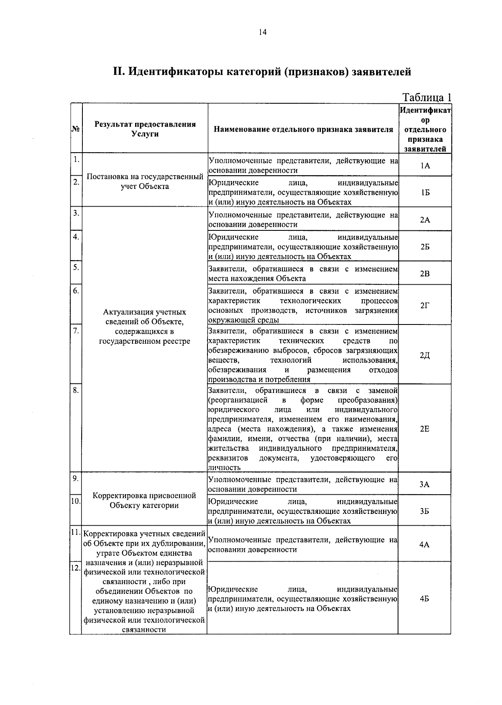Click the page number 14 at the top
point(263,32)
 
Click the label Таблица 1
point(427,97)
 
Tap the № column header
point(76,129)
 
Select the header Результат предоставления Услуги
point(145,129)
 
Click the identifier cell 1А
point(425,166)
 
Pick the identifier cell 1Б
point(425,192)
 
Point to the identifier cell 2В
point(425,274)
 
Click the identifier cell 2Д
point(425,355)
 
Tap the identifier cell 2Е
point(425,429)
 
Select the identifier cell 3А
point(425,485)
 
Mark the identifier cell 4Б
point(425,599)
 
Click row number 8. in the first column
point(76,390)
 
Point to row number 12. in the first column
point(75,568)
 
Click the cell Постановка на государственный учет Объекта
point(145,181)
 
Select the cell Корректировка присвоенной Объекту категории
point(144,501)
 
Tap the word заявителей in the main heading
point(381,72)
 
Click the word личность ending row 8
point(225,468)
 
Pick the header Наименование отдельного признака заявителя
point(303,129)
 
